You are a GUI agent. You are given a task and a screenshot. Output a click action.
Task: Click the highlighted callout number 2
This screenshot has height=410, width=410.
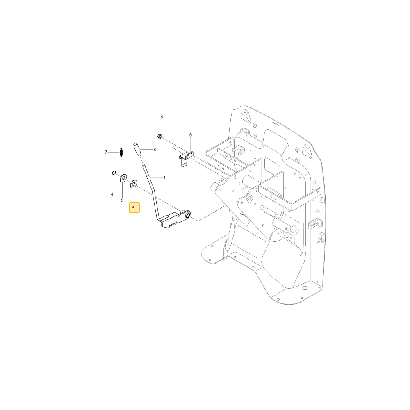134,207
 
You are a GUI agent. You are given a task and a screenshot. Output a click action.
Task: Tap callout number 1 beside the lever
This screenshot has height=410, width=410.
164,178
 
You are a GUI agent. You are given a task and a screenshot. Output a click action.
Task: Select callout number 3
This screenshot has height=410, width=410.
122,200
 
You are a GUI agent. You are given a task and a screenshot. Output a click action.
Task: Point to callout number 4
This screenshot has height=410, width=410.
112,194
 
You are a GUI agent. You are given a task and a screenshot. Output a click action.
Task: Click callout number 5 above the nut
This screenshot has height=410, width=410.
162,117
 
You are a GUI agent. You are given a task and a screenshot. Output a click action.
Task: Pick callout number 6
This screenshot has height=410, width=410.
191,135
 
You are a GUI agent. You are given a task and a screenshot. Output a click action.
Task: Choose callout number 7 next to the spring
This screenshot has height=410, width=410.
106,152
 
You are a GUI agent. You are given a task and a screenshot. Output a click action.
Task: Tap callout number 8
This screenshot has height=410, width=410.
155,150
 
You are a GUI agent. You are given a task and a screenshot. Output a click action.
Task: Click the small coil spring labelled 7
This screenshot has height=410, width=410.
121,153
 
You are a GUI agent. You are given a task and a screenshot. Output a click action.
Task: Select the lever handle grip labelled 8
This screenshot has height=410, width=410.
137,150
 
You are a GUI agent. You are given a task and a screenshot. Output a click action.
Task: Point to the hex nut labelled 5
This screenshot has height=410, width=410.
159,136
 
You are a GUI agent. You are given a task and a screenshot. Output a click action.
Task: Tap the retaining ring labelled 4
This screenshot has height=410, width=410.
114,173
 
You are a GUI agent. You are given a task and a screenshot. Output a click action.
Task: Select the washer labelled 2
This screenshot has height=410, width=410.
134,184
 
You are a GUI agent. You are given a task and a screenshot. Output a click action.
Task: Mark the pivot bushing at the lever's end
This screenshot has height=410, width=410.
187,215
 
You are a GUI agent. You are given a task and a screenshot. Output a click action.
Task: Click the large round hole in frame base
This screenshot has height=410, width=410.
305,288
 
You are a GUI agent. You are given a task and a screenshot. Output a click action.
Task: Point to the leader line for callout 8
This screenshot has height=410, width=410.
147,150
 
